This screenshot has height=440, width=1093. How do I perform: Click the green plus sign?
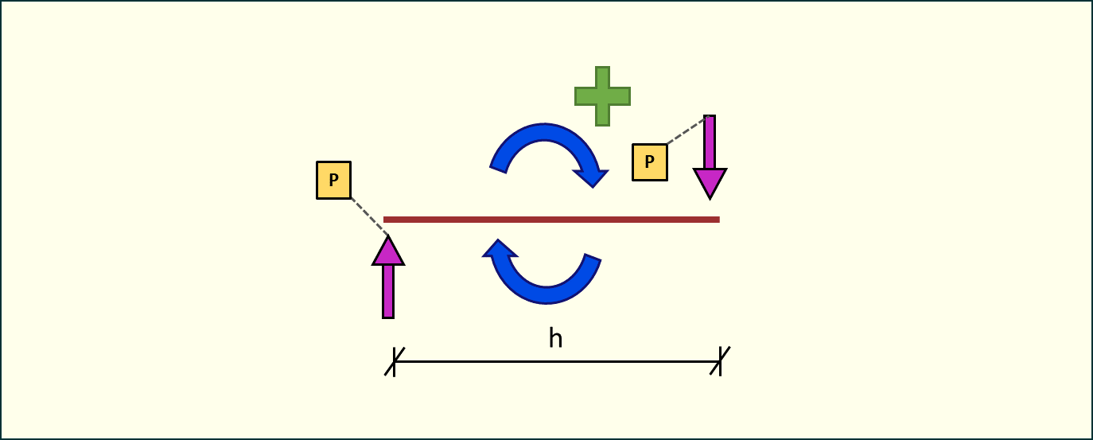[602, 96]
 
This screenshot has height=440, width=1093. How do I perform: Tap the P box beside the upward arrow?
[334, 180]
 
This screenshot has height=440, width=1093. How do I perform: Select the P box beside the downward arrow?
[650, 162]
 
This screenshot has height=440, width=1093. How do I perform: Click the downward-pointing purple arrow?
[710, 155]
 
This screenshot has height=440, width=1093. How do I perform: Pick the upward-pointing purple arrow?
[388, 278]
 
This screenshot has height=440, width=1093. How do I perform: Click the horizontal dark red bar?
[551, 220]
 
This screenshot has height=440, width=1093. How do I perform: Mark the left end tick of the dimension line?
[394, 361]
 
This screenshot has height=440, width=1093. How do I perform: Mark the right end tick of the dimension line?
[721, 361]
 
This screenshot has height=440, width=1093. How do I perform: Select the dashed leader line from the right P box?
[686, 131]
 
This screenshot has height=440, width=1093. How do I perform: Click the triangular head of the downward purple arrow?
[710, 182]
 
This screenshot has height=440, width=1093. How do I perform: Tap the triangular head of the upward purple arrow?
[388, 251]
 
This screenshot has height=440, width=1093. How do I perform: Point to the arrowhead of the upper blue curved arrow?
[595, 176]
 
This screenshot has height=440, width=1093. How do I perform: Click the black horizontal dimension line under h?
[557, 361]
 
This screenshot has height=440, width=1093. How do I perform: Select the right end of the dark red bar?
[718, 220]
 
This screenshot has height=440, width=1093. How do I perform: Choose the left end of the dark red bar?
[386, 220]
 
